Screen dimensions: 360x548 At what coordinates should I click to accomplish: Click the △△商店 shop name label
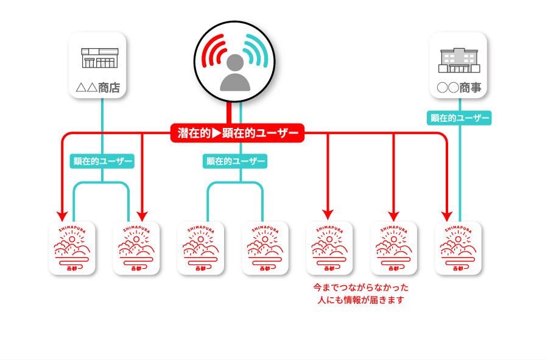click(101, 88)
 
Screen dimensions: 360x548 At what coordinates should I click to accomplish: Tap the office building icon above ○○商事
click(458, 59)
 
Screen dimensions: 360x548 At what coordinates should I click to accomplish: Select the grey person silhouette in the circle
click(234, 73)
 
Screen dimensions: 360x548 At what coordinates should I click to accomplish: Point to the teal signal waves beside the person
click(256, 52)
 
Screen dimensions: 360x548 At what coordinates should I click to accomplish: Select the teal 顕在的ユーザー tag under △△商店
click(102, 161)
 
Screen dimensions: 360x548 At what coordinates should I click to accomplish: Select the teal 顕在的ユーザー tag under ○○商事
click(460, 118)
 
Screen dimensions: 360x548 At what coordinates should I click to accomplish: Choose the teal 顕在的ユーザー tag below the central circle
click(235, 161)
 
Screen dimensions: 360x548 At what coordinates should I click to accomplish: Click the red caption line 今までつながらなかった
click(361, 287)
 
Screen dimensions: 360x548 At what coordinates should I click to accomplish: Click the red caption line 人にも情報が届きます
click(361, 300)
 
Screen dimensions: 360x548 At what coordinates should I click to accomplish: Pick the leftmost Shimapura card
click(72, 248)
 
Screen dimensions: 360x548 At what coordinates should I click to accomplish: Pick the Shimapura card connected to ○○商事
click(458, 248)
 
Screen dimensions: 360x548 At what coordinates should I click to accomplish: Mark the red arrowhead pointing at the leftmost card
click(62, 216)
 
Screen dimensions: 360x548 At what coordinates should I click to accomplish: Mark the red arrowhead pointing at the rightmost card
click(448, 216)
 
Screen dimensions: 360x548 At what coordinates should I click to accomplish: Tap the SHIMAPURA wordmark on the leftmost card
click(72, 228)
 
